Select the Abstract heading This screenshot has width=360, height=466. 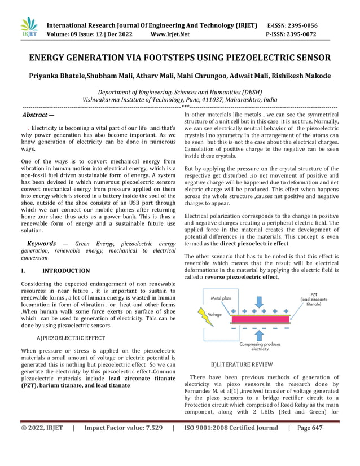click(37, 115)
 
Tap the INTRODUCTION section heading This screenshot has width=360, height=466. click(66, 271)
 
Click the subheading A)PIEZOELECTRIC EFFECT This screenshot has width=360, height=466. click(71, 338)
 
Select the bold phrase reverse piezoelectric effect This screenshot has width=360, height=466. click(242, 278)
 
